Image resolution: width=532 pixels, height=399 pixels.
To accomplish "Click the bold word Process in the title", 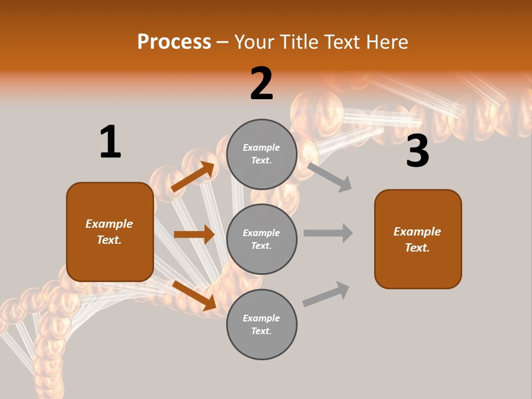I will (174, 42).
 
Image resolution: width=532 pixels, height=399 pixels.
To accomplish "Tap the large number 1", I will (110, 142).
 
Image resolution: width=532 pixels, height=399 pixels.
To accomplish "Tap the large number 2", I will (262, 84).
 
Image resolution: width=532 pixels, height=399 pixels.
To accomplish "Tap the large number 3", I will (417, 151).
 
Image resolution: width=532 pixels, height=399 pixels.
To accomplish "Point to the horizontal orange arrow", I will (194, 234).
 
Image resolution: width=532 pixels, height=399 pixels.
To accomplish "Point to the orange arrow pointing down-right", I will (195, 295).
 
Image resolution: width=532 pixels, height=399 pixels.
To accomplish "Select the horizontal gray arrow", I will (328, 233).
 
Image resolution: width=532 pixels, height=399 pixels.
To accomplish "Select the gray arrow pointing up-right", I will (326, 294).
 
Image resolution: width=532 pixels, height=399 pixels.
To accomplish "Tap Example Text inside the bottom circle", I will (262, 325).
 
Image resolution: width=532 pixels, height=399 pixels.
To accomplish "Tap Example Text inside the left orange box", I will (110, 232).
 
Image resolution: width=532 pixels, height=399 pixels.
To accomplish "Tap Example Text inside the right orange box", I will (418, 239).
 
